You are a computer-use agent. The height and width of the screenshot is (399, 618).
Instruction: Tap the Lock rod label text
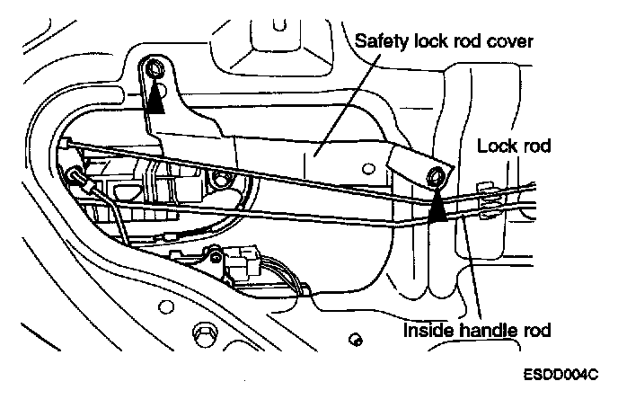click(x=514, y=145)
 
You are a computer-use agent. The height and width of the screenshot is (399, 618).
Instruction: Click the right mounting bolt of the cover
click(x=437, y=176)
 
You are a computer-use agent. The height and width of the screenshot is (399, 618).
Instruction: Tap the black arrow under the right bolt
click(x=438, y=208)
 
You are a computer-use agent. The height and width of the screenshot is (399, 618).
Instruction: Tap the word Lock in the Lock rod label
click(x=496, y=145)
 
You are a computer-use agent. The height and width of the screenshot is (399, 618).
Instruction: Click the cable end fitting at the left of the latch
click(x=80, y=179)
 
